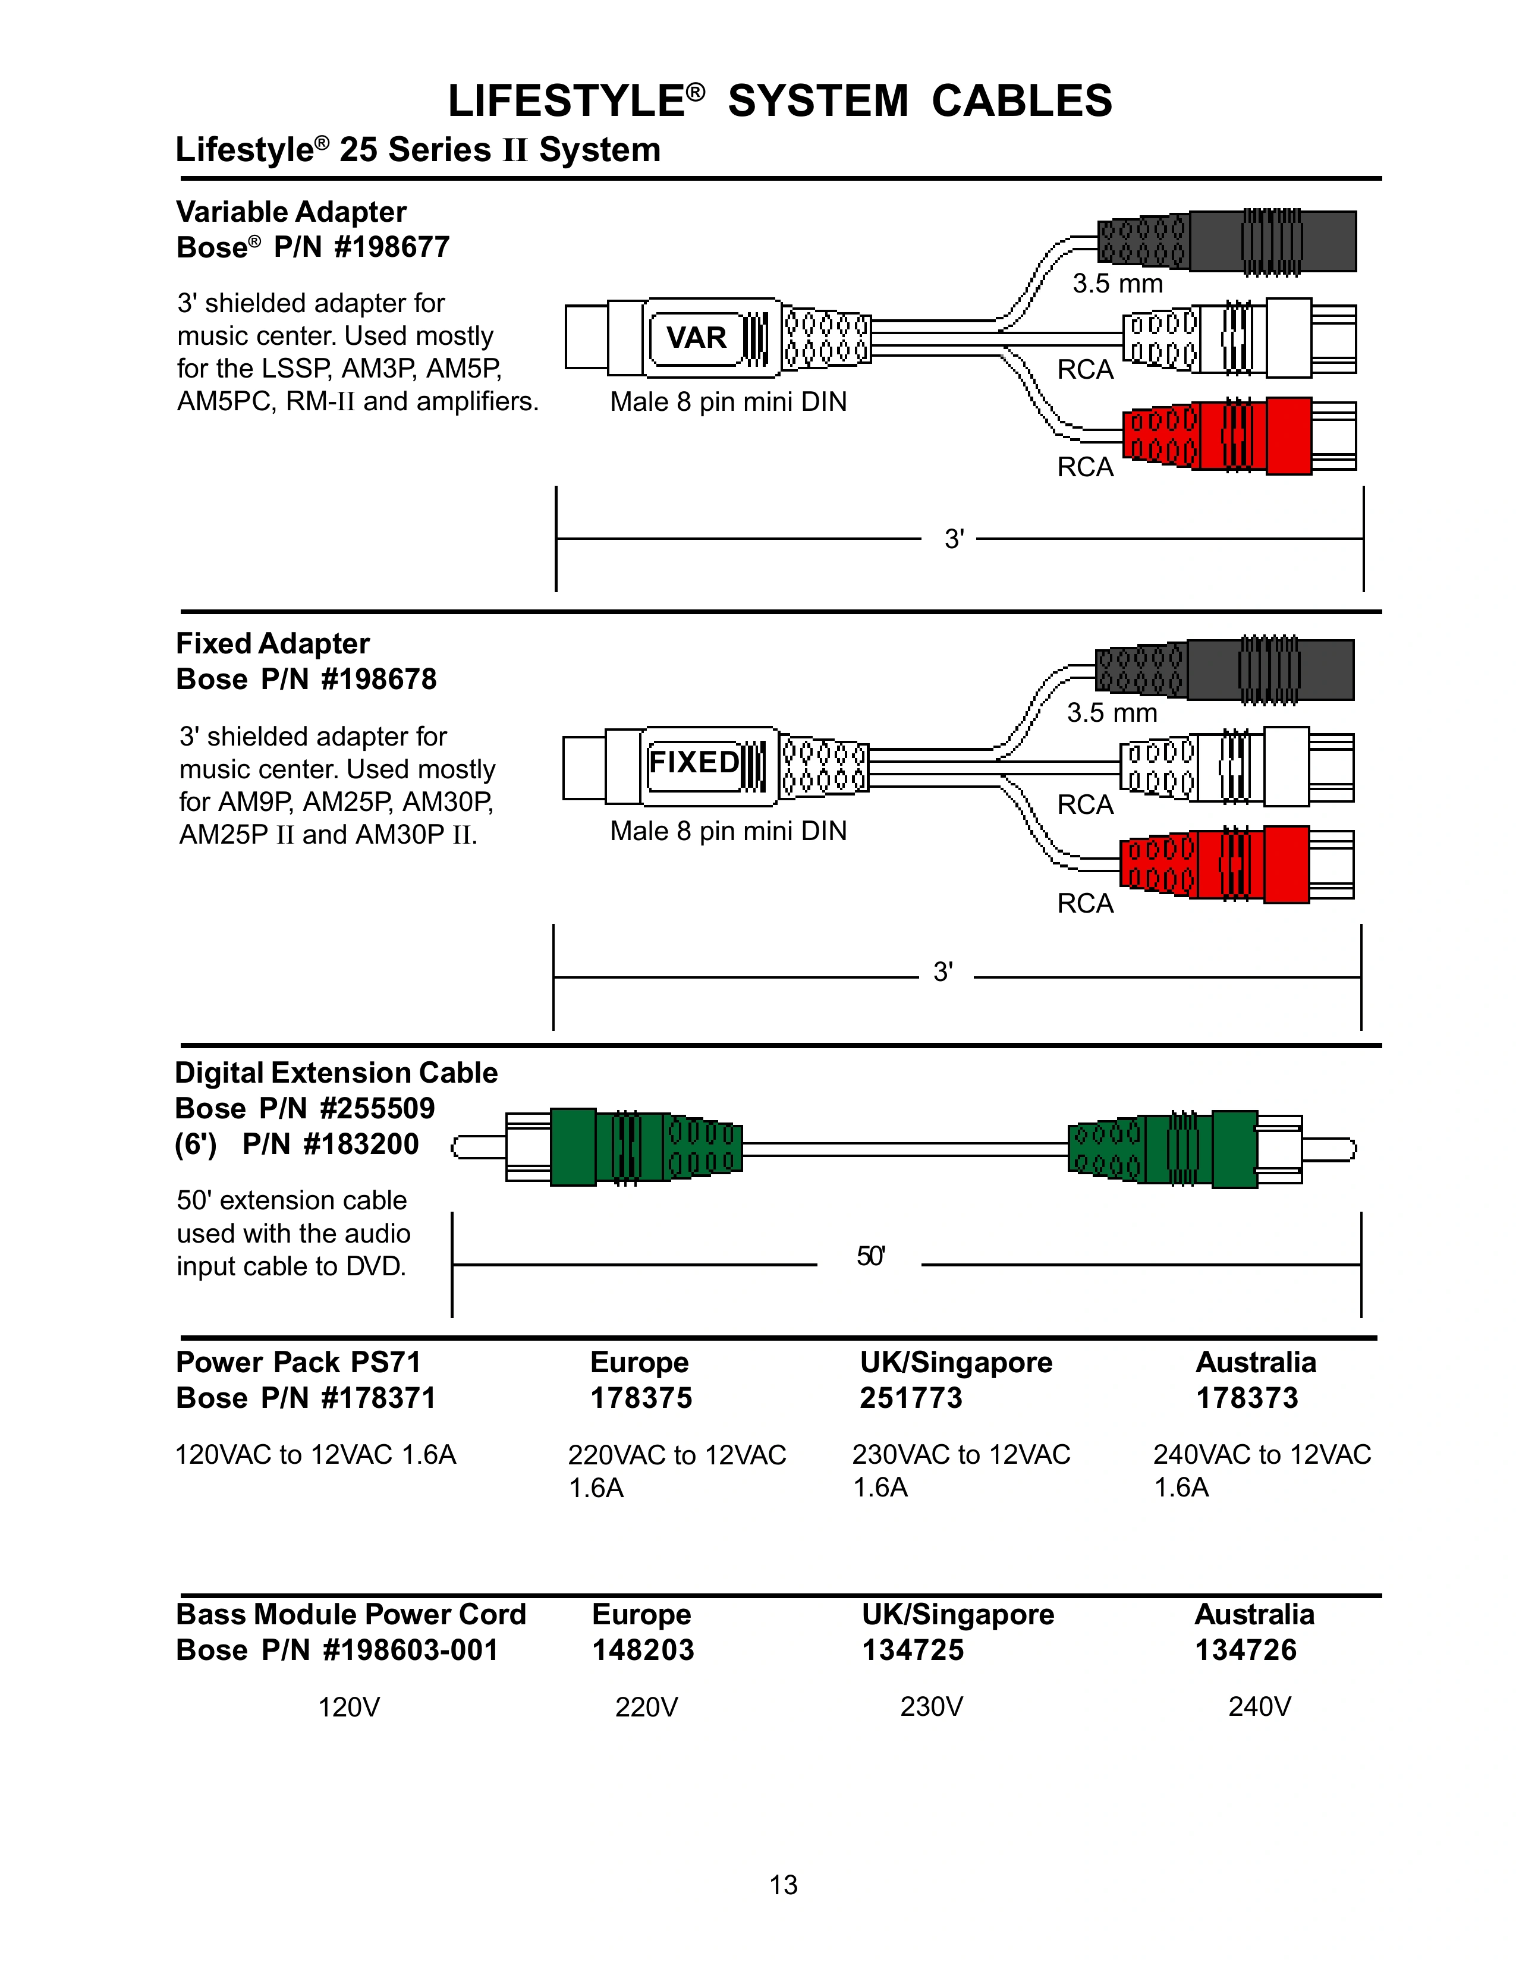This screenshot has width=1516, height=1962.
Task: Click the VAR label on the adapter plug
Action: (696, 338)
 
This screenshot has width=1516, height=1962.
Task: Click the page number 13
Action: (783, 1885)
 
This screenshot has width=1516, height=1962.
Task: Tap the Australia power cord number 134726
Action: (1245, 1650)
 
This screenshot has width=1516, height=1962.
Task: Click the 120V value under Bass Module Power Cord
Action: (350, 1707)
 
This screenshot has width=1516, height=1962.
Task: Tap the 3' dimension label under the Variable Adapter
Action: (954, 539)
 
